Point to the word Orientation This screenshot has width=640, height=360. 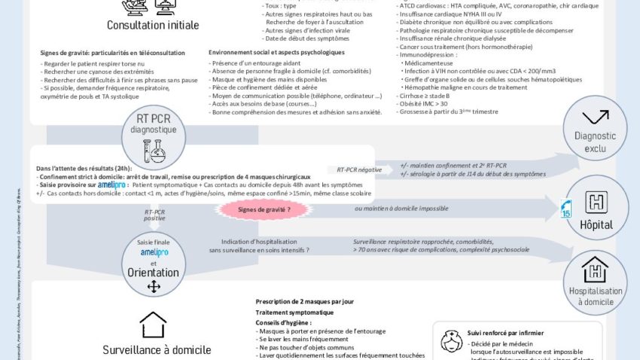[153, 273]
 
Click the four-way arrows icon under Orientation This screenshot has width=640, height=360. [153, 287]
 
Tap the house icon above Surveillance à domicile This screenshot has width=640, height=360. [153, 325]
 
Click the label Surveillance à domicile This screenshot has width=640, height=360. [157, 349]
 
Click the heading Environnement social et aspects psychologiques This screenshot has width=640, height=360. [276, 52]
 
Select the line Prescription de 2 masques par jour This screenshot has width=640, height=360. [304, 302]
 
